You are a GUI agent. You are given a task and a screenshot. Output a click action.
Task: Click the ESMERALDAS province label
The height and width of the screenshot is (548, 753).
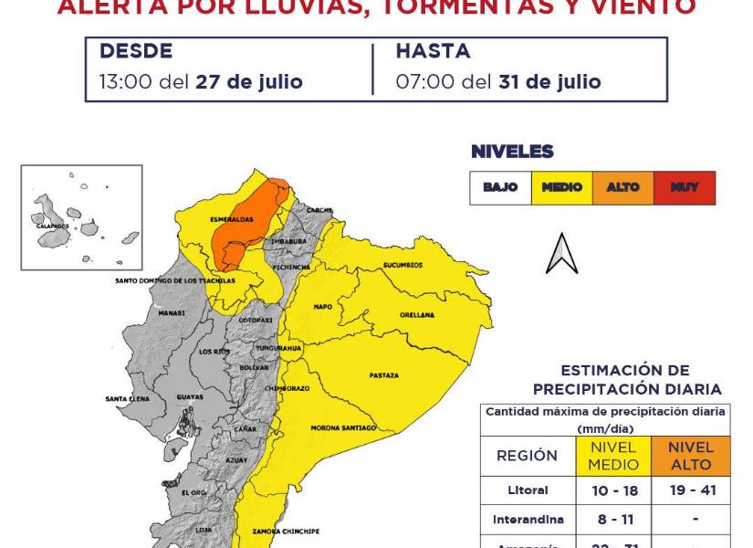224,220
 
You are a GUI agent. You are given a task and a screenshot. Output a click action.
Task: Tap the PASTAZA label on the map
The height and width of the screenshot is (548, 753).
383,375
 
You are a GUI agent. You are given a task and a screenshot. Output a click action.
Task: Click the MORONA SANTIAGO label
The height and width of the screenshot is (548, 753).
343,427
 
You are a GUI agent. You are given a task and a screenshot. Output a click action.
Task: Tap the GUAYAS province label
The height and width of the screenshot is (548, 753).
190,397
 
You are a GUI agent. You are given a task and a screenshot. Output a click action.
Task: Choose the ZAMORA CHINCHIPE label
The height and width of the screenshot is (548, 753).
286,531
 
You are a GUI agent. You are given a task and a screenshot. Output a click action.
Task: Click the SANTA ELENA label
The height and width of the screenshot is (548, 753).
127,399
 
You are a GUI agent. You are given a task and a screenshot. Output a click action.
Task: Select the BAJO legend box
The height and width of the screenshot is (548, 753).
500,187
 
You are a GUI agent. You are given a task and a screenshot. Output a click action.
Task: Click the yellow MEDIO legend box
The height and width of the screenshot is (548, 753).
561,187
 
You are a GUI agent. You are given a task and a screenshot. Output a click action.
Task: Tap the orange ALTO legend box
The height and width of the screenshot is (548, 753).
623,187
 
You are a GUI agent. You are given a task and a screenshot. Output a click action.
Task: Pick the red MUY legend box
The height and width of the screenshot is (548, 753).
685,187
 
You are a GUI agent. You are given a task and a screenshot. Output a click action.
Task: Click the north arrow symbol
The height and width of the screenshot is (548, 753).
561,254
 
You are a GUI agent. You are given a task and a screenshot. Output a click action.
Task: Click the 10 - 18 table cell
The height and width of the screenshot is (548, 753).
612,490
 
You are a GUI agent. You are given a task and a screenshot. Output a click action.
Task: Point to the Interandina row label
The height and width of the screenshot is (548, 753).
528,520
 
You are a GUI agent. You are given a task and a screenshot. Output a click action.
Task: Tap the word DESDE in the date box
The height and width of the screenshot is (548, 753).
136,51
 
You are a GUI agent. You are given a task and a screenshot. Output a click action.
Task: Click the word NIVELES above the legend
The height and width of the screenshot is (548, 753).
512,152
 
